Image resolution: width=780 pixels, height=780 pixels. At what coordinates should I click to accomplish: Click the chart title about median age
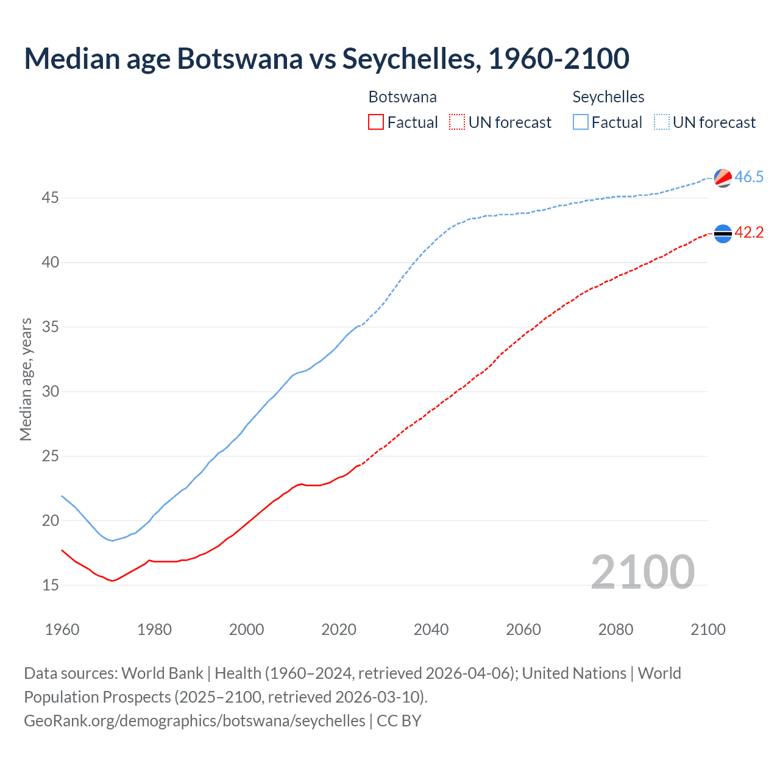[x=327, y=59]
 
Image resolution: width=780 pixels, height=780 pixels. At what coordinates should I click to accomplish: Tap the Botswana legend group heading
[x=402, y=97]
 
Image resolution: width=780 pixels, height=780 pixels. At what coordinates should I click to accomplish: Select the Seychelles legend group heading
[x=608, y=97]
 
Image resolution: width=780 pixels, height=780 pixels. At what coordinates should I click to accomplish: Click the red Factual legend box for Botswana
[x=376, y=122]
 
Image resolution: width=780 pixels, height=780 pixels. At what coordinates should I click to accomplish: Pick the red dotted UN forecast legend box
[x=457, y=122]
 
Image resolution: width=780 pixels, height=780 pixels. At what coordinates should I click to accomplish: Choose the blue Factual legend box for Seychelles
[x=581, y=122]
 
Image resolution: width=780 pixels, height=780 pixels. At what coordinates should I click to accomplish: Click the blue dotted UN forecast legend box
[x=662, y=122]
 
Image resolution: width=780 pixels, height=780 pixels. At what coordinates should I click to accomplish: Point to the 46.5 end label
[x=749, y=177]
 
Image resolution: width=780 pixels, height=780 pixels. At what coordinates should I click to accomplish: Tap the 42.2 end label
[x=749, y=233]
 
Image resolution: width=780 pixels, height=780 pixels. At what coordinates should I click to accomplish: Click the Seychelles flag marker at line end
[x=723, y=178]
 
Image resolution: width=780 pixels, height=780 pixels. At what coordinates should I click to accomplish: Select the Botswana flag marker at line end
[x=723, y=233]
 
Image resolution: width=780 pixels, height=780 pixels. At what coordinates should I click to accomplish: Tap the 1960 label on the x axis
[x=62, y=629]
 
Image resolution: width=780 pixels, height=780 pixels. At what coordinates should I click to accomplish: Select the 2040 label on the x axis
[x=431, y=629]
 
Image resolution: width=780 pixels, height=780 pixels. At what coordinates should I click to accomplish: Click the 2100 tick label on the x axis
[x=708, y=629]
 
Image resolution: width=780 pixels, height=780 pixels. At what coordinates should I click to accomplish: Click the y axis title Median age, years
[x=26, y=379]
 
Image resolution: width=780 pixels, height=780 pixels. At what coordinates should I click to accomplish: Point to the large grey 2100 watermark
[x=642, y=572]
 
